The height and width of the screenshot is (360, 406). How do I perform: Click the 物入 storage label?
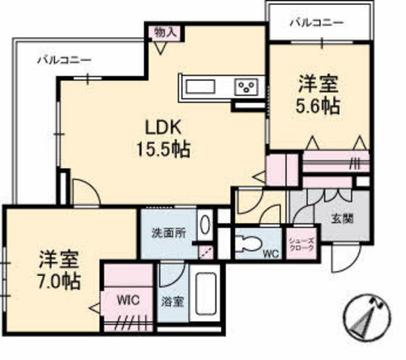coord(164,32)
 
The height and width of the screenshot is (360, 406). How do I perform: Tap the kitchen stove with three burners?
coord(246,88)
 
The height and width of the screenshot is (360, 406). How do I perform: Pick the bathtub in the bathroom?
coord(207,295)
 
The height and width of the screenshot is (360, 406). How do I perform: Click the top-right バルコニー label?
coord(317,22)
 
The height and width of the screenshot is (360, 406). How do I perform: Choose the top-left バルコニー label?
coord(64,61)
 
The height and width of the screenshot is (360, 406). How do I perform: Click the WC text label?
coord(270,254)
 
